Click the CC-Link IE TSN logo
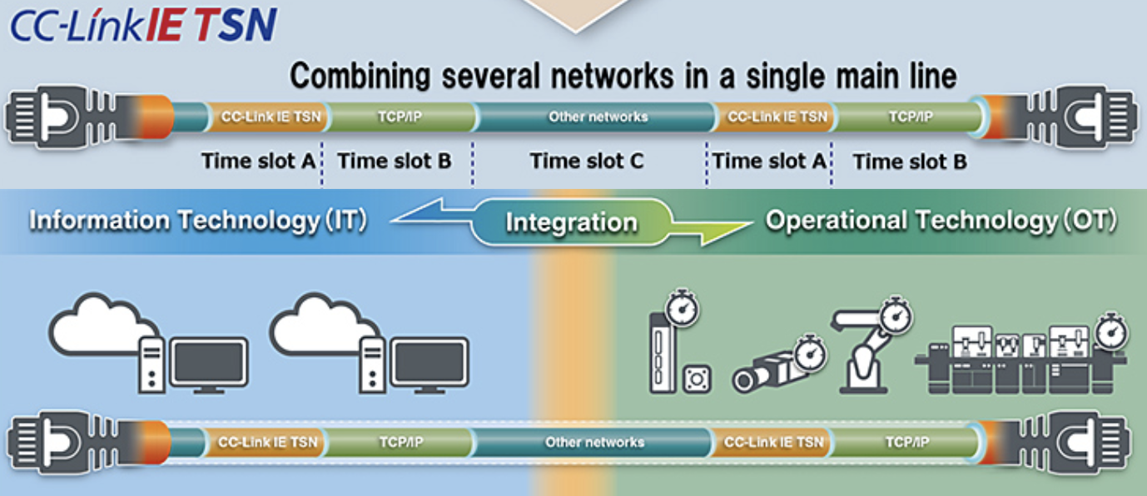[x=143, y=24]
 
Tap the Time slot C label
[x=587, y=161]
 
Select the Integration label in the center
[x=572, y=222]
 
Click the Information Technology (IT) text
[x=197, y=221]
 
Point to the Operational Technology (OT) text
[x=941, y=221]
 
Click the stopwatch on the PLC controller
[x=682, y=308]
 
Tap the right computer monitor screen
[x=430, y=361]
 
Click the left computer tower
[x=151, y=365]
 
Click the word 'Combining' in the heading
[x=360, y=77]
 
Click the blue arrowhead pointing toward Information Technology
[x=419, y=213]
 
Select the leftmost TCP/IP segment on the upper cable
[x=401, y=117]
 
